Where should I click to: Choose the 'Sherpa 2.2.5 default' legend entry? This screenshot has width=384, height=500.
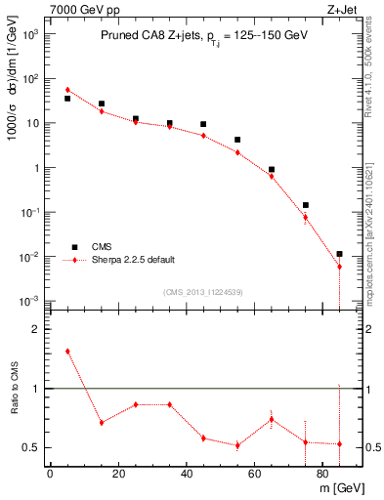[135, 260]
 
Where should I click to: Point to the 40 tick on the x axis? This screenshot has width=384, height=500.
[186, 476]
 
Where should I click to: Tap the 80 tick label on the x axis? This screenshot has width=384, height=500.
[322, 476]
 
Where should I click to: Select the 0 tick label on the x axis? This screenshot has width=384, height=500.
[50, 476]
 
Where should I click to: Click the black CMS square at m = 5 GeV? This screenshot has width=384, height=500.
[67, 99]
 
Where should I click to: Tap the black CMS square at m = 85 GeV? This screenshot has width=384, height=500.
[339, 254]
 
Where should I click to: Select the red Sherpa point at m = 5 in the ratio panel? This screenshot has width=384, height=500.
[67, 351]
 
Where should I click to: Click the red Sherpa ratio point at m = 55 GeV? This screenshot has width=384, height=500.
[237, 445]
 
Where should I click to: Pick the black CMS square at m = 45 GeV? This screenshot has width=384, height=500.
[203, 124]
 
